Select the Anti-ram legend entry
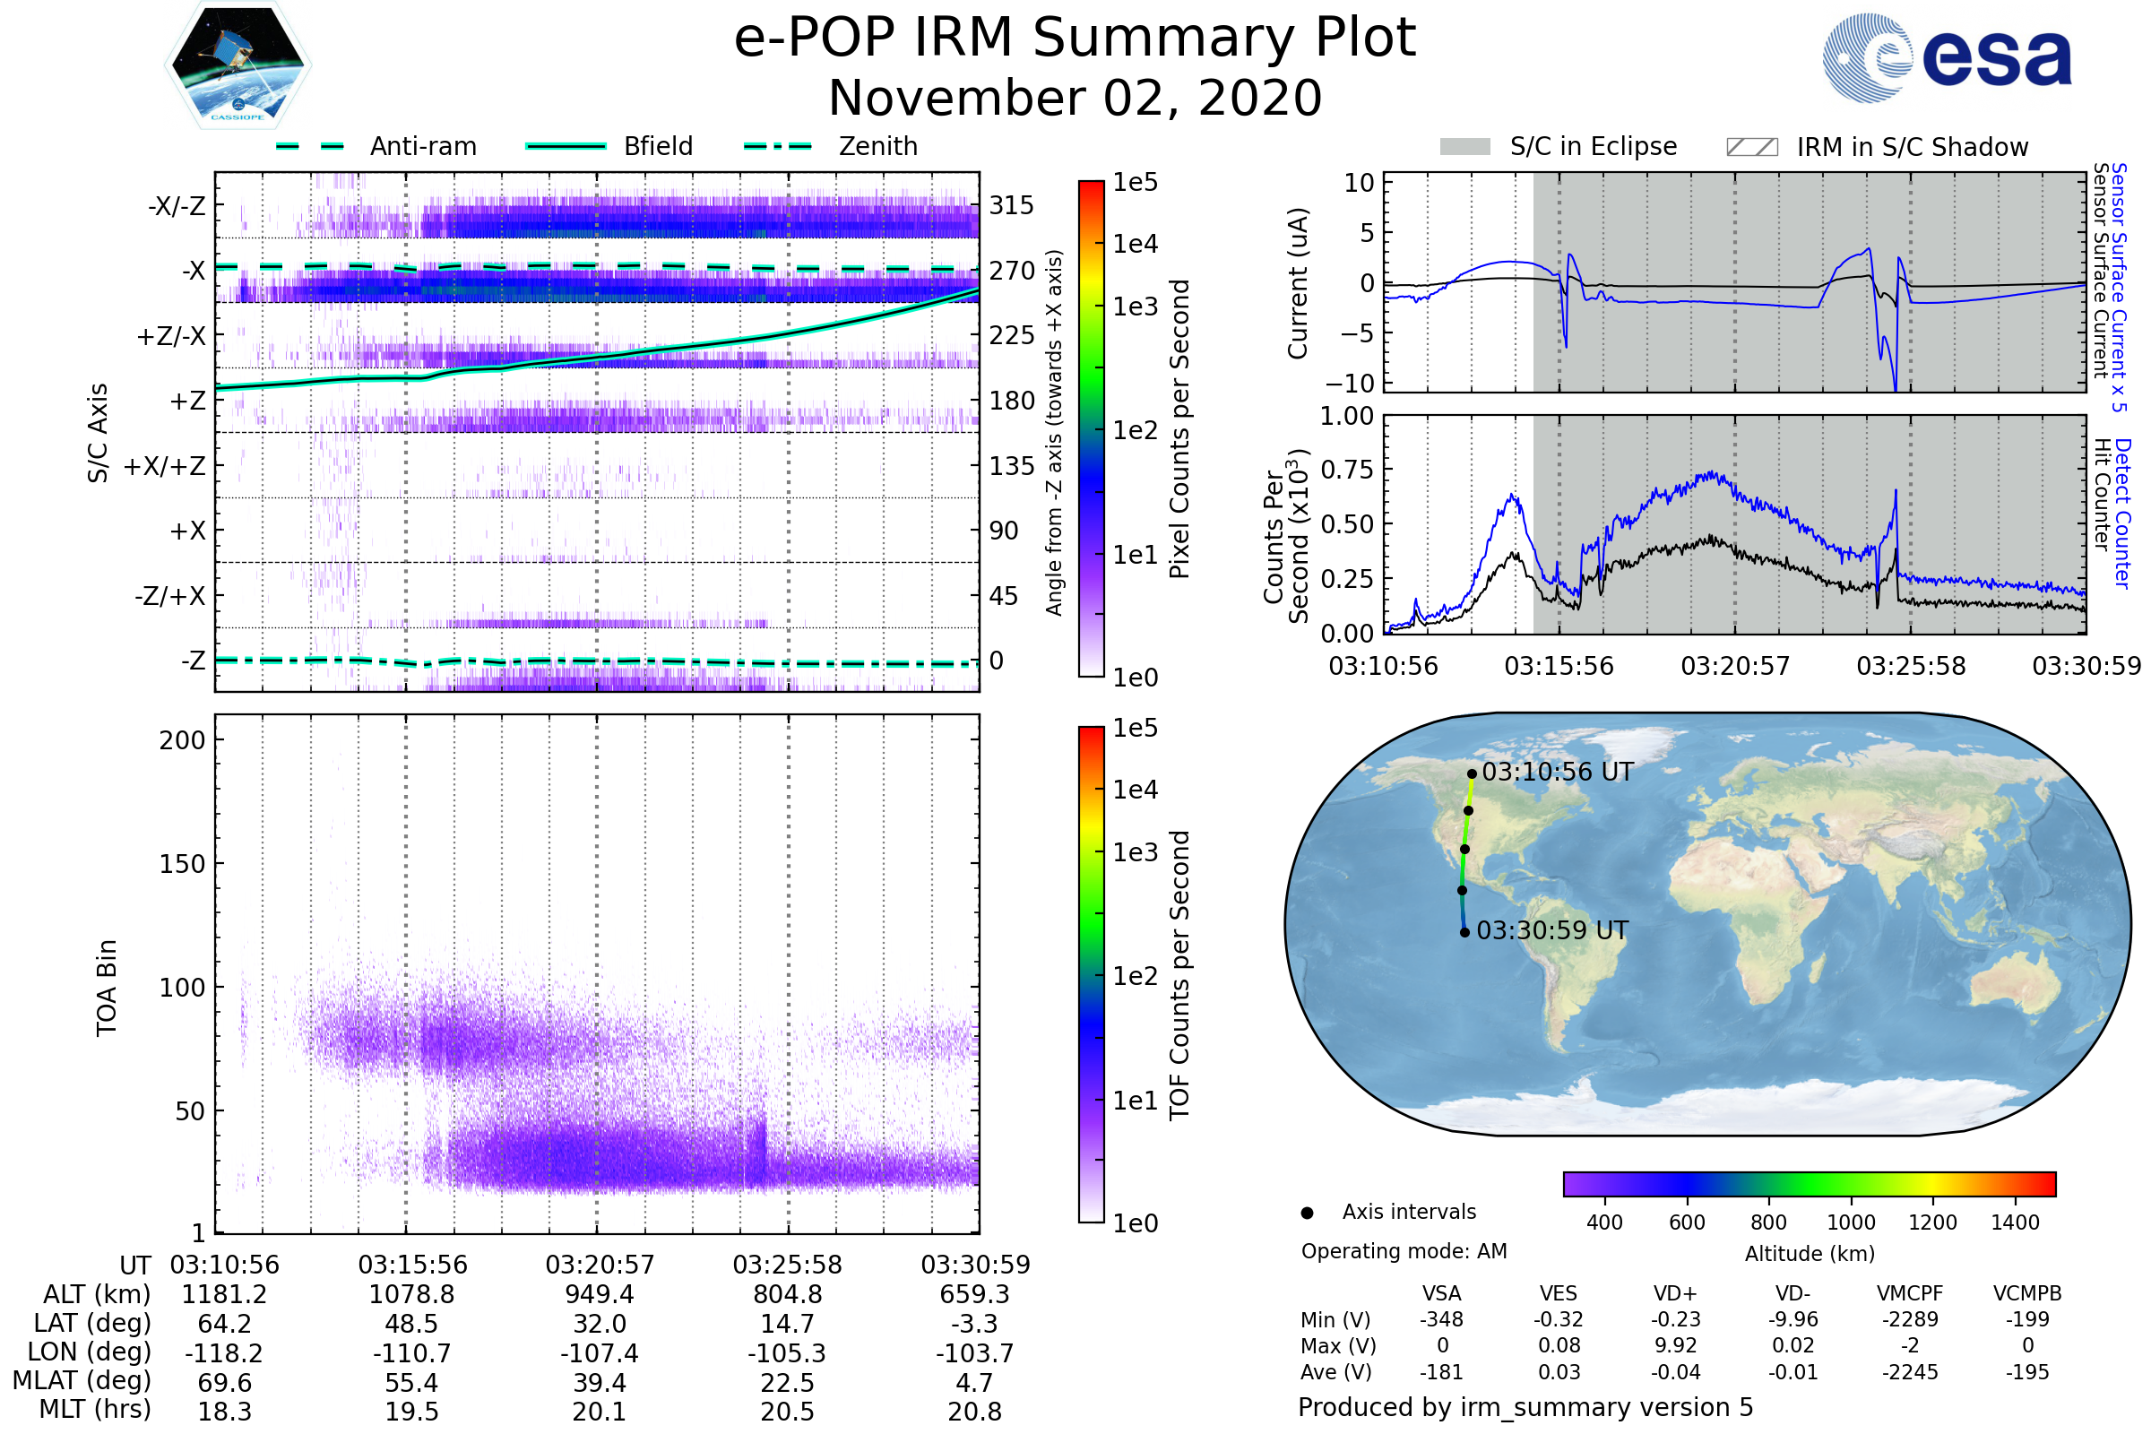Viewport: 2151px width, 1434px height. pyautogui.click(x=422, y=146)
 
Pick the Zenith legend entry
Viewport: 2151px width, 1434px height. pyautogui.click(x=877, y=146)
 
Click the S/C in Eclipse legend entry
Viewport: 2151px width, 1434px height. pyautogui.click(x=1593, y=146)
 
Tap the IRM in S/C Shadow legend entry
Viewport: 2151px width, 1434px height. pyautogui.click(x=1912, y=147)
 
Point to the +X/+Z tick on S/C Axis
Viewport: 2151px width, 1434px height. pyautogui.click(x=165, y=466)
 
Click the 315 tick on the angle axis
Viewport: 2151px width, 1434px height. pyautogui.click(x=1011, y=205)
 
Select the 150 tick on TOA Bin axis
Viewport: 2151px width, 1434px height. pyautogui.click(x=182, y=864)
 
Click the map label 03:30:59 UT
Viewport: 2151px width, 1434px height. pyautogui.click(x=1552, y=931)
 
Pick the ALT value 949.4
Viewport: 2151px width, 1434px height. pyautogui.click(x=599, y=1294)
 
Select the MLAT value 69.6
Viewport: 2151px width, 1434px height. pyautogui.click(x=224, y=1383)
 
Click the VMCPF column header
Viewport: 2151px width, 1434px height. pyautogui.click(x=1910, y=1293)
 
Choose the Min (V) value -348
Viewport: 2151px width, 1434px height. pyautogui.click(x=1441, y=1319)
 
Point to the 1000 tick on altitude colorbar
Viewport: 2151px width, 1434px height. pyautogui.click(x=1850, y=1222)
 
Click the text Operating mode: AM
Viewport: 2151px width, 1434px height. pyautogui.click(x=1404, y=1251)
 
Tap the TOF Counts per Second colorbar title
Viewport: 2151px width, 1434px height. pyautogui.click(x=1179, y=975)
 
